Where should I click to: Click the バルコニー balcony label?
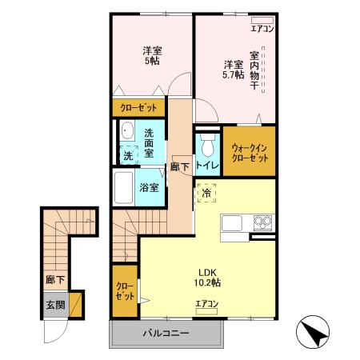click(x=166, y=333)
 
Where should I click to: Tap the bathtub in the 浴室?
click(x=123, y=188)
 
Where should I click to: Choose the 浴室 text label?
click(x=149, y=188)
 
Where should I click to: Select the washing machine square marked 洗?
click(x=127, y=155)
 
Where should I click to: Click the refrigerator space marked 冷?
click(x=206, y=193)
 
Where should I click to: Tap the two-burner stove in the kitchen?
click(x=262, y=222)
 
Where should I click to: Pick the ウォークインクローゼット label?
click(x=249, y=152)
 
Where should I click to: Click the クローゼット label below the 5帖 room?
click(x=138, y=106)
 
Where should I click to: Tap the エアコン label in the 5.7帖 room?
click(x=262, y=30)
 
